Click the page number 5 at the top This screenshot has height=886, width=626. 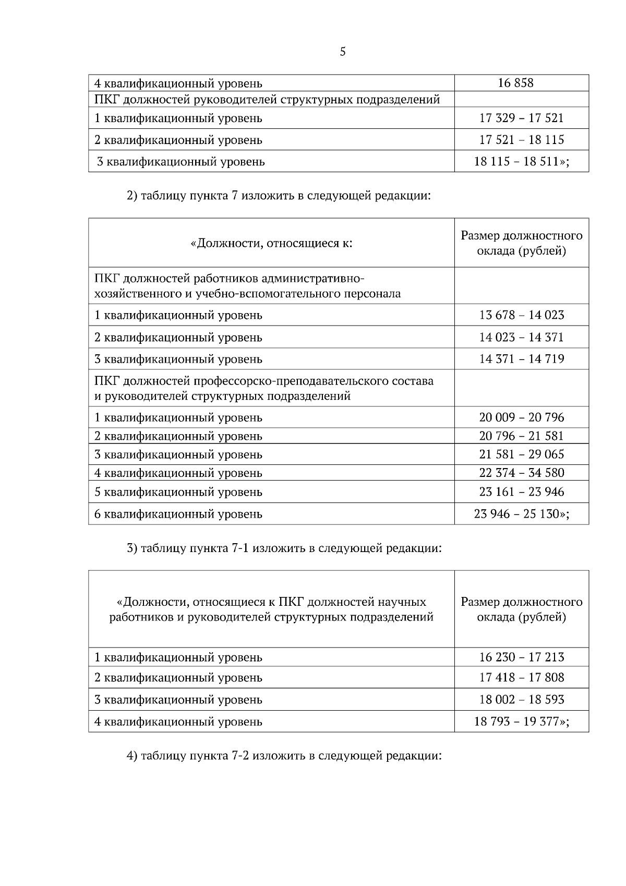(x=342, y=52)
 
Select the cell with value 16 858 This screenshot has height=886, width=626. (x=515, y=83)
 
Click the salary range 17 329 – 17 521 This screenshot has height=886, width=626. (x=521, y=118)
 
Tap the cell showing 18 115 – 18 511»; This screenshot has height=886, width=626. (x=521, y=161)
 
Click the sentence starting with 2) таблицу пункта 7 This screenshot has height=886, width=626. (x=279, y=196)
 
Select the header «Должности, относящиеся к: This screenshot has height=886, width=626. (x=271, y=243)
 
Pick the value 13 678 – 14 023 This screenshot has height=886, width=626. (x=521, y=315)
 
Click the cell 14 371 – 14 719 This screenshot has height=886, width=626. (x=521, y=359)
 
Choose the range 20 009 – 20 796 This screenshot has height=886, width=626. (x=521, y=417)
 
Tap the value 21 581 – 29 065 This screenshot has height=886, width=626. (x=521, y=454)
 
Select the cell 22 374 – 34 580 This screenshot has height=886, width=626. (x=521, y=473)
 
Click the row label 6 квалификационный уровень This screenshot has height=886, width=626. (x=178, y=514)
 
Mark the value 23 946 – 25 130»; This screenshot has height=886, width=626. (x=521, y=514)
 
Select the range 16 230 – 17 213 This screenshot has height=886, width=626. (x=521, y=657)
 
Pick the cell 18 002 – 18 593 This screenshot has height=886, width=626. (x=521, y=699)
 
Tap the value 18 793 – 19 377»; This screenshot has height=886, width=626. (x=521, y=722)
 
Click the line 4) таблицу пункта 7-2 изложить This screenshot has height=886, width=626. (x=284, y=756)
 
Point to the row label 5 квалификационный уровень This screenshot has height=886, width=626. (x=178, y=492)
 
